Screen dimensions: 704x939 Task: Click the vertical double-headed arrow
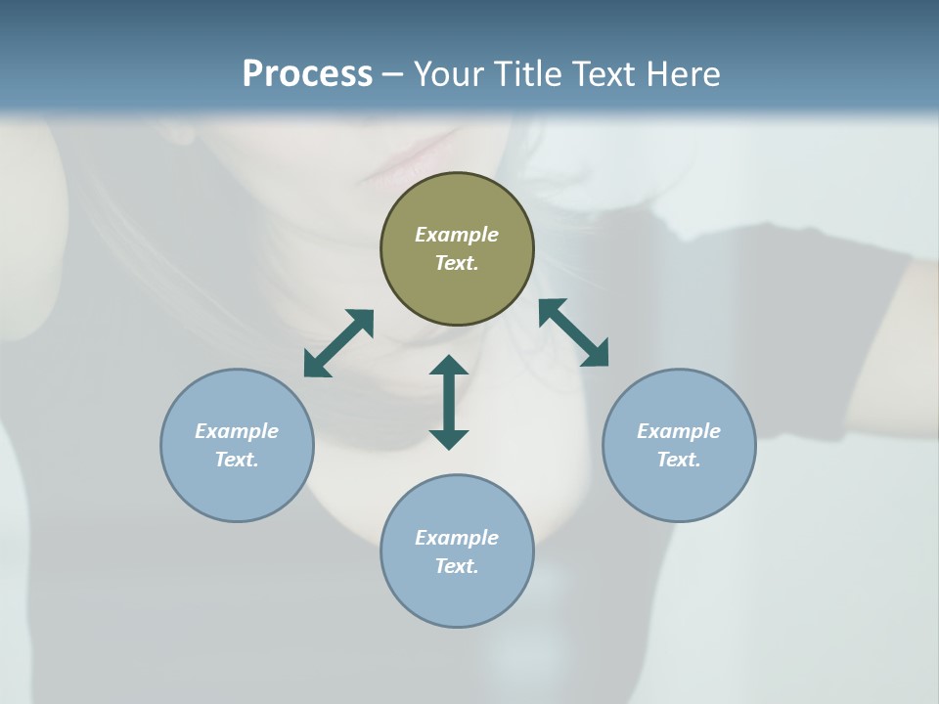[449, 402]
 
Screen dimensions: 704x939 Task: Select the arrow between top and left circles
[338, 343]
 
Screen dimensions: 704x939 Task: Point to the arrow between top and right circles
[573, 332]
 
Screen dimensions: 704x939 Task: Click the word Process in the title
[307, 74]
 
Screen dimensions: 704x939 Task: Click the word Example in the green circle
[457, 235]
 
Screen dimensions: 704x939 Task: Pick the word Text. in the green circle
[457, 263]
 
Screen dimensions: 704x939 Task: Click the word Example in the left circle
[237, 431]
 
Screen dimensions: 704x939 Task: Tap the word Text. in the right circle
[679, 460]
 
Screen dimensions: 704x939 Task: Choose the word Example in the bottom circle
[457, 538]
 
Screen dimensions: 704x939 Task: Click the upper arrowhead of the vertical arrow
[449, 366]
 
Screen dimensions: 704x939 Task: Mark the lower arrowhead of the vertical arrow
[449, 439]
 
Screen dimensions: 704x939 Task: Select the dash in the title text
[393, 74]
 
